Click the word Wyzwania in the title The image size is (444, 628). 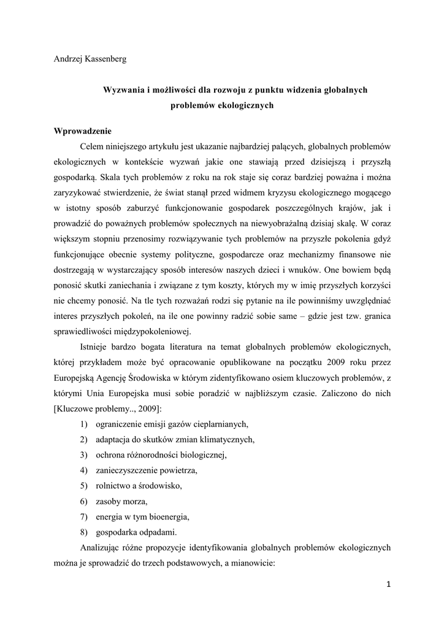tap(121, 90)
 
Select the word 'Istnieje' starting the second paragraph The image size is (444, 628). tap(96, 347)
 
